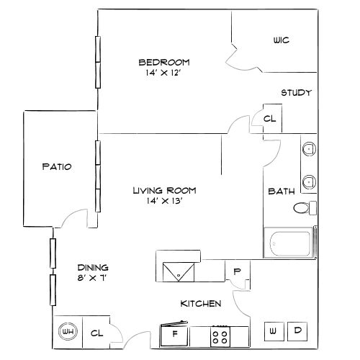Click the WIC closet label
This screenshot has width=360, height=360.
coord(281,40)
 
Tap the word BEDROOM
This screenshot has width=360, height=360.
coord(164,61)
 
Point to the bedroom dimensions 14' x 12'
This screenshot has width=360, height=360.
coord(164,72)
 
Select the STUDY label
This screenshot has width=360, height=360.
coord(295,93)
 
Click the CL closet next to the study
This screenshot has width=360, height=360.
coord(269,119)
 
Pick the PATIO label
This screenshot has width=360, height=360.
coord(56,166)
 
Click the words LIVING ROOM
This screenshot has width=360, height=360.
coord(164,191)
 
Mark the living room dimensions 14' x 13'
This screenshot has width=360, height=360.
coord(164,202)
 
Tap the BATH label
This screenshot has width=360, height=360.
coord(279,192)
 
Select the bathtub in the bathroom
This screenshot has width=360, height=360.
coord(291,244)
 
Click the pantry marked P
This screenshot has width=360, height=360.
coord(237,272)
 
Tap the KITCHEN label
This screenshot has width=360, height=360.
coord(200,304)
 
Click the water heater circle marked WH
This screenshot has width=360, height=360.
coord(68,332)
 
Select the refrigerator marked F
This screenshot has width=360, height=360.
coord(174,334)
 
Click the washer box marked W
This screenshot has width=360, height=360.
coord(274,331)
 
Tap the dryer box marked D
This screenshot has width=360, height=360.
coord(297,331)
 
